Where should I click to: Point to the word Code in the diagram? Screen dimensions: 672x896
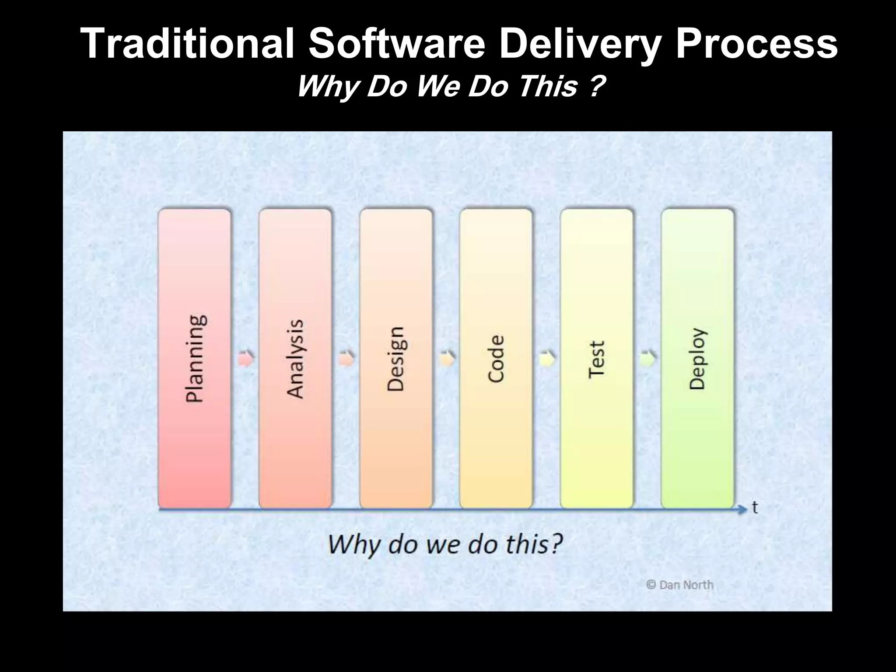[496, 359]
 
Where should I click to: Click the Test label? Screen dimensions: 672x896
[596, 359]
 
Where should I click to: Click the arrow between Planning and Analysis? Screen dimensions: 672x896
[246, 359]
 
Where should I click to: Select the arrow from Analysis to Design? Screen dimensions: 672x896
[346, 359]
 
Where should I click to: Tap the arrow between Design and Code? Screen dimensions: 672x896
[447, 359]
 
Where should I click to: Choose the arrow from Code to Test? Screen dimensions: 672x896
[547, 359]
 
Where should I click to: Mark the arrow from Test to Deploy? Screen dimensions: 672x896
[647, 359]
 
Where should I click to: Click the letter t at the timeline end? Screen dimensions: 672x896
[755, 507]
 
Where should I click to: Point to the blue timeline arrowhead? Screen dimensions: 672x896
[742, 509]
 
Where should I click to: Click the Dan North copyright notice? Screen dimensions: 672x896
[680, 585]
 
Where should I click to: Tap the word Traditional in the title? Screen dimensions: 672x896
[188, 44]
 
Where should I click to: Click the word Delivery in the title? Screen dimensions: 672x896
[579, 44]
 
